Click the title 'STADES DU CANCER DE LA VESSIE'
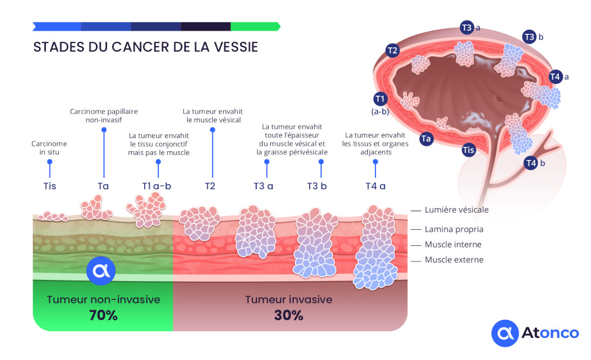coord(145,47)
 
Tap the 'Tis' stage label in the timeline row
coord(50,186)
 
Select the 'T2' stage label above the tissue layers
coord(210,186)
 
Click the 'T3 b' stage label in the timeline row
coord(317,186)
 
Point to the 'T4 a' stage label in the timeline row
coord(375,186)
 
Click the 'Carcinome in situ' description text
coord(49,148)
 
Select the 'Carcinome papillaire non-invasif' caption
coord(103,116)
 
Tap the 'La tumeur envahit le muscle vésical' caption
coord(213,116)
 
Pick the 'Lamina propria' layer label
coord(454,229)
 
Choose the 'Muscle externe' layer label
coord(454,260)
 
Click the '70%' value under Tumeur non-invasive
coord(103,315)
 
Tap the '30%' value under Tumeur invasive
coord(289,315)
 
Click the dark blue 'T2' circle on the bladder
coord(393,51)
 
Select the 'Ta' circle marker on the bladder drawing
coord(426,139)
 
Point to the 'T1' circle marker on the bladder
coord(380,98)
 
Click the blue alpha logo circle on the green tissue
coord(101,270)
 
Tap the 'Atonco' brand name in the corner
coord(550,333)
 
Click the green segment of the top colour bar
coord(255,26)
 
